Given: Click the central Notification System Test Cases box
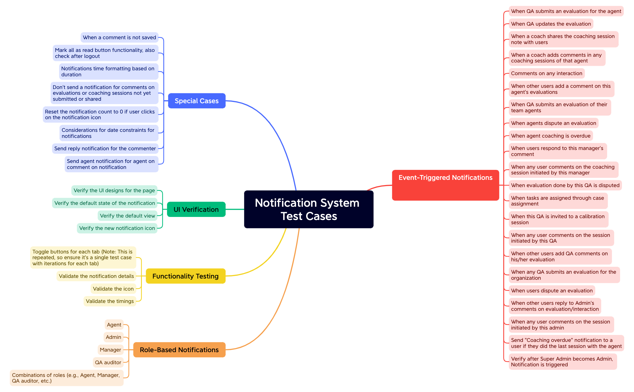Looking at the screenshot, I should pyautogui.click(x=309, y=209).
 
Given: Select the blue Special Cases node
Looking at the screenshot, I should pyautogui.click(x=197, y=101).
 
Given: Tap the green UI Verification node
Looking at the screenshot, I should pyautogui.click(x=196, y=209).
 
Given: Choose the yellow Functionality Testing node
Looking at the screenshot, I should pyautogui.click(x=185, y=276).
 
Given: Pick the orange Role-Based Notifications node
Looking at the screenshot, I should pyautogui.click(x=179, y=350).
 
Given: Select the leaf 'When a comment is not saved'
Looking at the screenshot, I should pyautogui.click(x=119, y=37).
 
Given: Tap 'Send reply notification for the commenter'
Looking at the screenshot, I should pyautogui.click(x=105, y=148).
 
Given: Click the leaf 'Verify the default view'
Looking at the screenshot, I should pyautogui.click(x=127, y=216).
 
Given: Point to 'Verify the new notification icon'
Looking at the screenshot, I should pyautogui.click(x=117, y=228).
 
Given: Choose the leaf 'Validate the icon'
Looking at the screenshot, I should pyautogui.click(x=113, y=289).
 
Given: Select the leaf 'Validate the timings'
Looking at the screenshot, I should pyautogui.click(x=110, y=301).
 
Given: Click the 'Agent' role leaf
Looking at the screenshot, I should pyautogui.click(x=114, y=325).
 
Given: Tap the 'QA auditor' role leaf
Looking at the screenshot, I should pyautogui.click(x=108, y=362).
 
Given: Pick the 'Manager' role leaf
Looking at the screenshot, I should pyautogui.click(x=110, y=350).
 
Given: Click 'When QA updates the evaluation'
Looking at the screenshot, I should pyautogui.click(x=551, y=24).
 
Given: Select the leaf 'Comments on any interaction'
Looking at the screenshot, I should pyautogui.click(x=546, y=73).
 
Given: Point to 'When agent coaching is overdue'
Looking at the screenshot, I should pyautogui.click(x=551, y=136).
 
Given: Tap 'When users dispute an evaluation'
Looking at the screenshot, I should pyautogui.click(x=552, y=291).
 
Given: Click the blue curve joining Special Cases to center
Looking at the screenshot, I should pyautogui.click(x=275, y=130).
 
